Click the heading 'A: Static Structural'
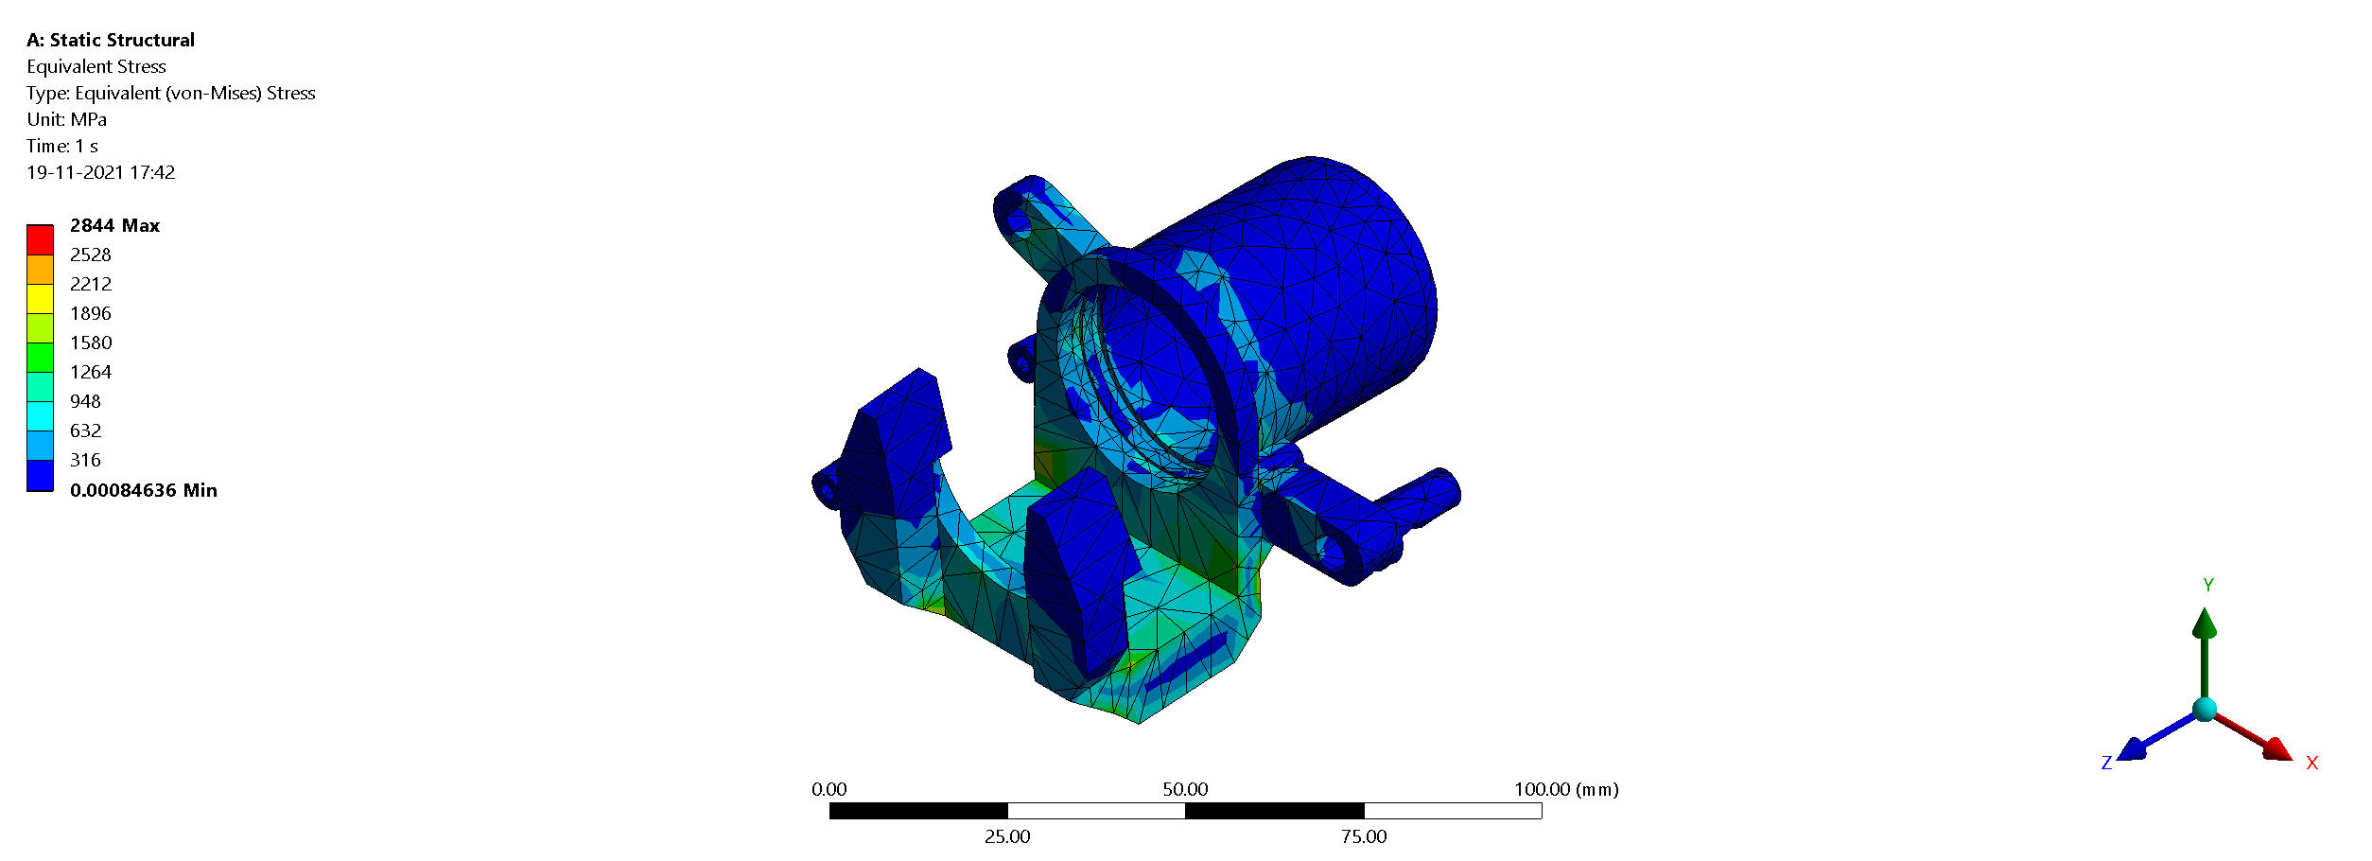click(111, 40)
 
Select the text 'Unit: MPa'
click(66, 119)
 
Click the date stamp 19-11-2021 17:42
click(101, 172)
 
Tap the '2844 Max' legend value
click(114, 225)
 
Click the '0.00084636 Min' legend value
click(143, 490)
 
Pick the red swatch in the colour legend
click(40, 240)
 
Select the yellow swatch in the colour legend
click(40, 299)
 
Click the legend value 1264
click(91, 372)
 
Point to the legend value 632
click(85, 430)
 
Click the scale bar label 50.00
click(1185, 789)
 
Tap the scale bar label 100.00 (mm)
click(1566, 789)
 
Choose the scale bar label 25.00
click(1007, 836)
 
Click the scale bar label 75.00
click(1364, 836)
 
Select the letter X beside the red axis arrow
click(2311, 763)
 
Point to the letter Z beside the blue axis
click(2106, 763)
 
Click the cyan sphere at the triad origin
click(2205, 710)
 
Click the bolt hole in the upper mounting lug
click(1020, 224)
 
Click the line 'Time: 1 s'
click(62, 146)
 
